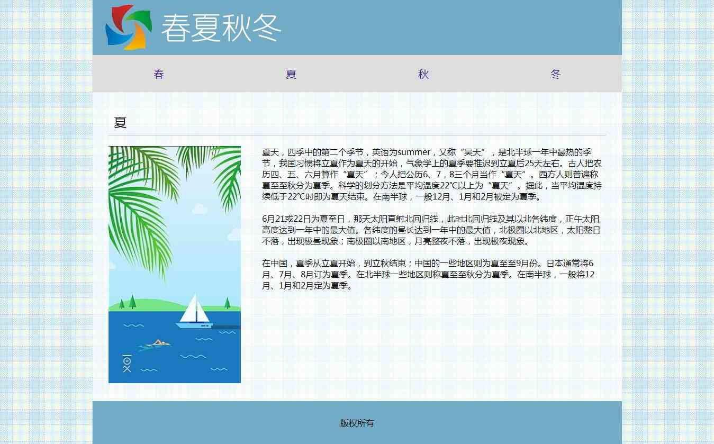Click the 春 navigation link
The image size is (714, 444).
pyautogui.click(x=159, y=74)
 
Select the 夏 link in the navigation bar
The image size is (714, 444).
pyautogui.click(x=291, y=74)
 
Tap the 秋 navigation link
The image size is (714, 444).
pyautogui.click(x=423, y=74)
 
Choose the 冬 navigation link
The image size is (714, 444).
pyautogui.click(x=556, y=74)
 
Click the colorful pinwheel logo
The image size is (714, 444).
pyautogui.click(x=129, y=28)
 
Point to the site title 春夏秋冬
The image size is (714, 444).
pyautogui.click(x=221, y=28)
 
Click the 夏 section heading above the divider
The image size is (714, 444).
pyautogui.click(x=120, y=122)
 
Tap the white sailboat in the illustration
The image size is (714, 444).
pyautogui.click(x=194, y=312)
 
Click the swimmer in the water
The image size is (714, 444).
pyautogui.click(x=156, y=344)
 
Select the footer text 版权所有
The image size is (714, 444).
pyautogui.click(x=357, y=423)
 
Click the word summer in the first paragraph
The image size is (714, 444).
pyautogui.click(x=414, y=152)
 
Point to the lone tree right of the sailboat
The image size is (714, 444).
pyautogui.click(x=227, y=303)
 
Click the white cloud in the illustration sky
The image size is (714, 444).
pyautogui.click(x=200, y=209)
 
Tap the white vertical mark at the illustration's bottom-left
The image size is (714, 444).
pyautogui.click(x=127, y=364)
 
